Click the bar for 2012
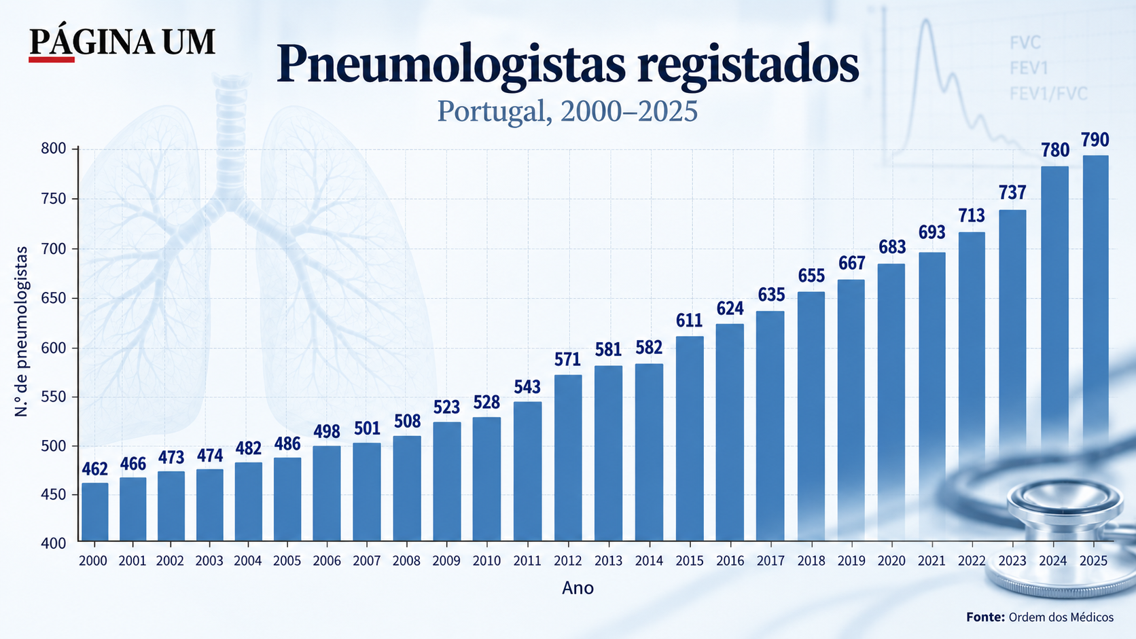(x=568, y=458)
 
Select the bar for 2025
(x=1095, y=348)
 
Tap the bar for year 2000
(x=95, y=512)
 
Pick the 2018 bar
(x=811, y=416)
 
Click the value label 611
(x=689, y=321)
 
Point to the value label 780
(x=1055, y=151)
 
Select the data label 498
(x=327, y=431)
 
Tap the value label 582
(x=649, y=348)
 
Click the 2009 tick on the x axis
(x=446, y=561)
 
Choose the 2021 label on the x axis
(x=932, y=561)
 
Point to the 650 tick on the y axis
(x=53, y=298)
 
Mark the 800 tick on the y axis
(x=53, y=149)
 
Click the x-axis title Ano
(x=578, y=588)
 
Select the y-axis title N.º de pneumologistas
(x=21, y=331)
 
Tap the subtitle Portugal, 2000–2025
(x=567, y=111)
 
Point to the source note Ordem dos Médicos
(x=1061, y=617)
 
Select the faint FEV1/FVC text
(x=1048, y=94)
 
